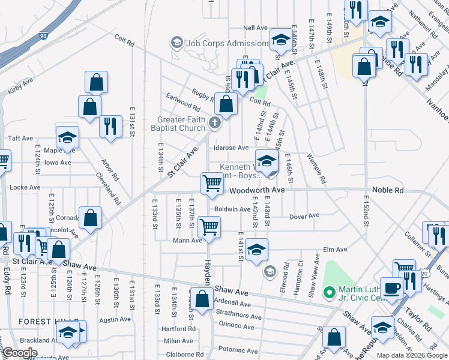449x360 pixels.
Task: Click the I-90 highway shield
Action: (43, 36)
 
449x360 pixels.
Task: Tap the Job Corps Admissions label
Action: (228, 43)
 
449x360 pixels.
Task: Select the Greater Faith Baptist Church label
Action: (181, 124)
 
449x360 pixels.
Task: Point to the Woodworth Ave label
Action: (257, 190)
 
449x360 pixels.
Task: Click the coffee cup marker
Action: (392, 287)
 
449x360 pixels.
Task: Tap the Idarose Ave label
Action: (231, 148)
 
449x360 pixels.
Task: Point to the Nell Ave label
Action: (255, 28)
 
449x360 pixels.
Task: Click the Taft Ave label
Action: (21, 138)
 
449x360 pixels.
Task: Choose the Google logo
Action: (20, 353)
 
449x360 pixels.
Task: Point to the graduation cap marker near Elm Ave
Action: (256, 249)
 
